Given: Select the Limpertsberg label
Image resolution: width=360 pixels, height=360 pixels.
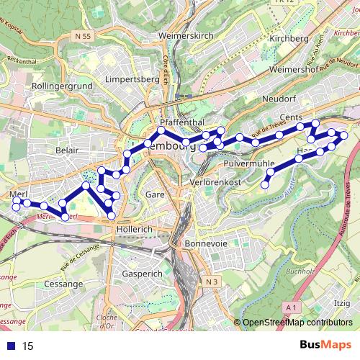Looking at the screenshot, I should click(131, 78).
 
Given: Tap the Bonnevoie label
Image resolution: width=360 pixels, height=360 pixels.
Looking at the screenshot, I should click(206, 244).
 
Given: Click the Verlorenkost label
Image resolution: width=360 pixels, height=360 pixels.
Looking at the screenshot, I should click(215, 184).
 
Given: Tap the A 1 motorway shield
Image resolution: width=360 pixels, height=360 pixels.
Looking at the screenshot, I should click(291, 307).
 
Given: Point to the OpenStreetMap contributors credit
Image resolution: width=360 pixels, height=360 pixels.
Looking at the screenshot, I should click(297, 323).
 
